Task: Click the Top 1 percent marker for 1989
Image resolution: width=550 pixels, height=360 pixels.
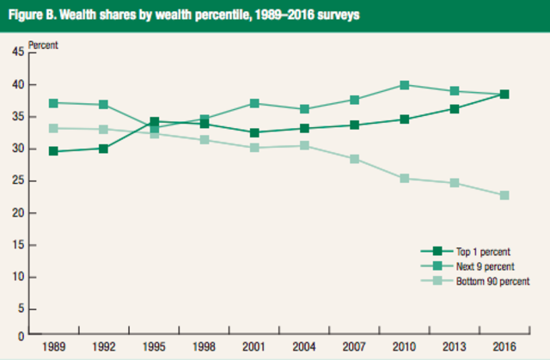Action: [54, 151]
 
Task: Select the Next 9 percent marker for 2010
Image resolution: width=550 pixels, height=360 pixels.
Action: [404, 85]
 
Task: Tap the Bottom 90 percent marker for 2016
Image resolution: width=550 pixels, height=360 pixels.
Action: [504, 195]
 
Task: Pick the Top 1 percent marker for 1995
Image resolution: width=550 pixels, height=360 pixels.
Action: [154, 121]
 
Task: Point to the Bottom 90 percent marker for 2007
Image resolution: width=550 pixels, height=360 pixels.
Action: [354, 159]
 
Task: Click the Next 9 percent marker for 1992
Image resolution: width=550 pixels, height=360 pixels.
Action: [104, 105]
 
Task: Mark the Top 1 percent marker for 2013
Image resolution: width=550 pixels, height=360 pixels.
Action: [455, 109]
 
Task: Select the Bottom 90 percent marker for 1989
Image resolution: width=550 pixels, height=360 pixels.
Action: [54, 128]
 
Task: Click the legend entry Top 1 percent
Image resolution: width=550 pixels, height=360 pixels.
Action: [481, 252]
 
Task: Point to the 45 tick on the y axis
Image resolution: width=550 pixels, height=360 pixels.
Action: [19, 52]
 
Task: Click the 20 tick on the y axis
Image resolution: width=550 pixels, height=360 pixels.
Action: [19, 213]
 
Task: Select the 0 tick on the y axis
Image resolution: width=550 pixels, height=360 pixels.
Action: [21, 335]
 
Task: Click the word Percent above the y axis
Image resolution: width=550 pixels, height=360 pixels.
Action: [45, 43]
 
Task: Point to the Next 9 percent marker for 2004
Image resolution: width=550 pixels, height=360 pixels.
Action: [304, 109]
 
